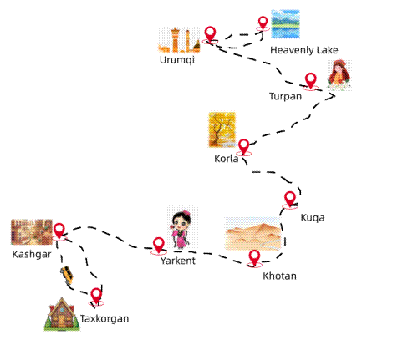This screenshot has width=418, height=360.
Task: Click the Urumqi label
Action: (x=177, y=60)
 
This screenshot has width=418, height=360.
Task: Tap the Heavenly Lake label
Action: (x=304, y=50)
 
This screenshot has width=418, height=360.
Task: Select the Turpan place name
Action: (x=285, y=96)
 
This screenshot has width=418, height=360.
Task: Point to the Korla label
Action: (x=227, y=159)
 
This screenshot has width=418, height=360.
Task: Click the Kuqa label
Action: (x=313, y=218)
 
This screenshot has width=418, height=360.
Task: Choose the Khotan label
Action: (x=279, y=276)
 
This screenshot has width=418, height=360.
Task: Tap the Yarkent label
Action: (x=178, y=261)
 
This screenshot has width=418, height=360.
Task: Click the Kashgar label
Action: (x=32, y=255)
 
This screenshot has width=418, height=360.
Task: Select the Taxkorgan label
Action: (x=104, y=319)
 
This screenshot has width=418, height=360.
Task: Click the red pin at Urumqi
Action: (x=210, y=35)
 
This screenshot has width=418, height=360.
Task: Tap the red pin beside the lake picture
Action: (x=263, y=23)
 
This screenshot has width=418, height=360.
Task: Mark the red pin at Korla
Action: (x=244, y=147)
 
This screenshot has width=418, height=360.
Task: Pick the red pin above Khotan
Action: (x=254, y=259)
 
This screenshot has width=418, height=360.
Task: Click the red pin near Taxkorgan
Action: (x=96, y=297)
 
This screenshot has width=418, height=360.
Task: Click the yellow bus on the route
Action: (x=67, y=276)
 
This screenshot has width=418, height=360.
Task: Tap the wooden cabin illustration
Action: (x=62, y=314)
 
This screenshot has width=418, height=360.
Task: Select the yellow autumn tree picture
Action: (x=222, y=129)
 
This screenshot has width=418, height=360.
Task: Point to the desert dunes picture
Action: (x=253, y=234)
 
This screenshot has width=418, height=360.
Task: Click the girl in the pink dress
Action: (x=181, y=230)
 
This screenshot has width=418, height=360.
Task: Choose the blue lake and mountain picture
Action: (x=285, y=24)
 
